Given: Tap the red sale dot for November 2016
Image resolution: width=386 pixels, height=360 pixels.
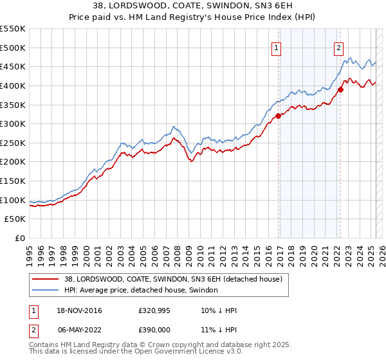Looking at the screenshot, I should (x=279, y=116).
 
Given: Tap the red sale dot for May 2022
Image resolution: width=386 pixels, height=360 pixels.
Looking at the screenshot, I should (x=341, y=90).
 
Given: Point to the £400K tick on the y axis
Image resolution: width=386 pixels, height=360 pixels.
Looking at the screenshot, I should (x=13, y=85).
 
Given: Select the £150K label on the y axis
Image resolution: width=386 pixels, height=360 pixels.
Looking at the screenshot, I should (x=13, y=181).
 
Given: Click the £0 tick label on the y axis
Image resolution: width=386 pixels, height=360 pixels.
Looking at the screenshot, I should (x=20, y=238).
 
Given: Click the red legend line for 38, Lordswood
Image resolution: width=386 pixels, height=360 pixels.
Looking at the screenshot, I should (x=46, y=278).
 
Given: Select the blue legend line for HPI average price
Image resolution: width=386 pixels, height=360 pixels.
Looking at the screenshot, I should (x=46, y=291).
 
